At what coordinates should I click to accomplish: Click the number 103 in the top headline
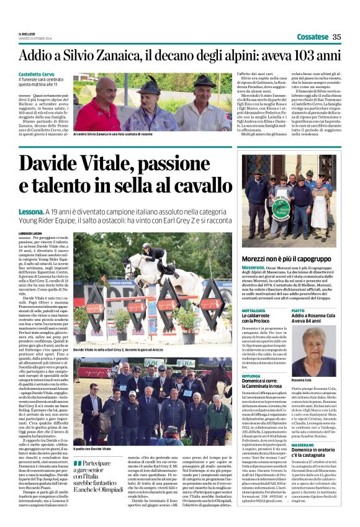click(x=304, y=56)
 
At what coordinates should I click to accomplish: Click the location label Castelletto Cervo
click(x=38, y=74)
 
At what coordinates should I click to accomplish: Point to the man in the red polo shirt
click(x=99, y=106)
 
